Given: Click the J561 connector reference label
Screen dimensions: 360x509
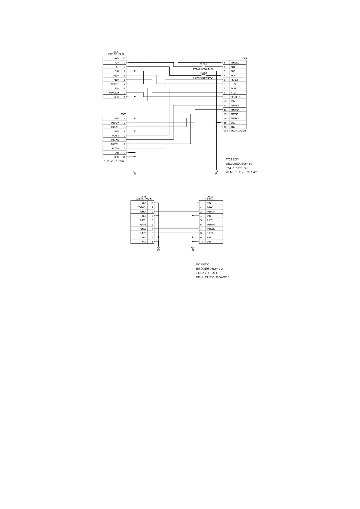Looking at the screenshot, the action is (115, 52).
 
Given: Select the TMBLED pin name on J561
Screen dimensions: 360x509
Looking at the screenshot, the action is (114, 84).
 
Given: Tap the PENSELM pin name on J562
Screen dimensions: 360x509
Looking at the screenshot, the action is (235, 97).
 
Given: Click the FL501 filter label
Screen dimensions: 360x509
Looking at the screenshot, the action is (203, 64).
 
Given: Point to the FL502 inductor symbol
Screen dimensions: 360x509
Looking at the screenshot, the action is (203, 75).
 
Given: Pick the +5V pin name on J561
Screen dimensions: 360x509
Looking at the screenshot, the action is (116, 88).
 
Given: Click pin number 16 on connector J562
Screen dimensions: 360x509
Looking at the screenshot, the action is (225, 127).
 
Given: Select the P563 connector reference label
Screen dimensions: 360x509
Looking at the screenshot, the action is (123, 114).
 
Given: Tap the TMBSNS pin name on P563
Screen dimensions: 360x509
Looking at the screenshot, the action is (115, 140).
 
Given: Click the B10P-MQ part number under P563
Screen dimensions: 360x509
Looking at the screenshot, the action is (114, 161).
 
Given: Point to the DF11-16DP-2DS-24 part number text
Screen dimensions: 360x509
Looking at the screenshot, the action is (235, 131).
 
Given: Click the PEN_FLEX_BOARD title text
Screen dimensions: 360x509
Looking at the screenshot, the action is (241, 172).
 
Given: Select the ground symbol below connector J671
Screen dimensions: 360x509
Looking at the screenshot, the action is (158, 249).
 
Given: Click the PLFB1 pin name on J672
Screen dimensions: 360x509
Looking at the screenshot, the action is (210, 220).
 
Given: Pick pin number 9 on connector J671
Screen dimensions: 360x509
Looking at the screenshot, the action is (152, 207).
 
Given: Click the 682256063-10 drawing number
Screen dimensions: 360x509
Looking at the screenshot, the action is (209, 269).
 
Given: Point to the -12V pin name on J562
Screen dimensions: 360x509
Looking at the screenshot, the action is (234, 84).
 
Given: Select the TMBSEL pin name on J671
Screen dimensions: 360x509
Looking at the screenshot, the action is (142, 229).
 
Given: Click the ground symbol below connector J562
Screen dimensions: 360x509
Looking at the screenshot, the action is (216, 173).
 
